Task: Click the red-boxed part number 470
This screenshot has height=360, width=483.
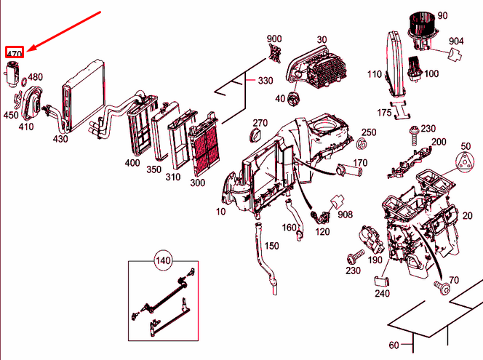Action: pos(15,52)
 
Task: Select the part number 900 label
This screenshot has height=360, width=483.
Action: pos(274,39)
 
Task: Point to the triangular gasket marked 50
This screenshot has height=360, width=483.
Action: pos(466,163)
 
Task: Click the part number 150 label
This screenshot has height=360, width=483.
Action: pos(271,246)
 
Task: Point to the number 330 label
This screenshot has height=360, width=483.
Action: pos(266,80)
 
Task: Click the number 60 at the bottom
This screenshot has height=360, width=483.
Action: pos(394,345)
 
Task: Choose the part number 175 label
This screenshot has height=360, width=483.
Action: pos(384,113)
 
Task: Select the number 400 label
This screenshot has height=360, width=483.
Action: pos(132,163)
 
